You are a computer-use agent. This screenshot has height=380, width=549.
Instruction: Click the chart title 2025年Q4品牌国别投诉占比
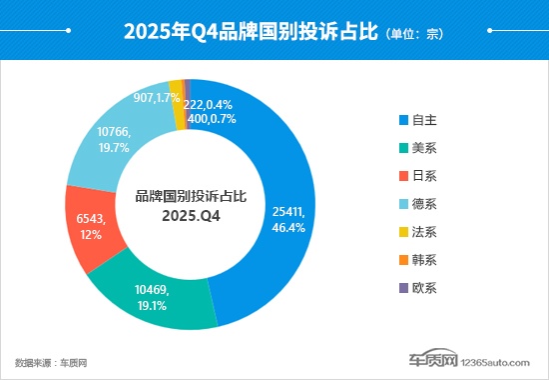(x=250, y=32)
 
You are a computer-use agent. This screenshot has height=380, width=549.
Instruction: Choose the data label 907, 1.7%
(x=156, y=98)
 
